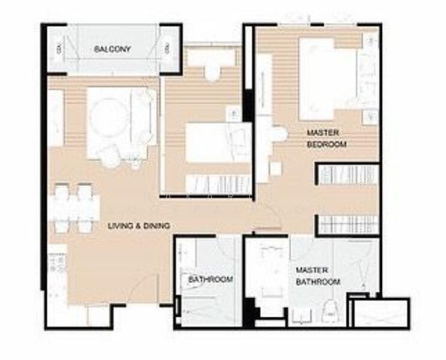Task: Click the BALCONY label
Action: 112,49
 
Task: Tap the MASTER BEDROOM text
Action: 327,139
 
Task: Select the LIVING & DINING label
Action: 139,226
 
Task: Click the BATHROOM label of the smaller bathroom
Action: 210,280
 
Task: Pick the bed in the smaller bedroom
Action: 218,143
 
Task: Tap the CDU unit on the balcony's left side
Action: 59,49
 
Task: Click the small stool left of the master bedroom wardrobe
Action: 276,169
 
